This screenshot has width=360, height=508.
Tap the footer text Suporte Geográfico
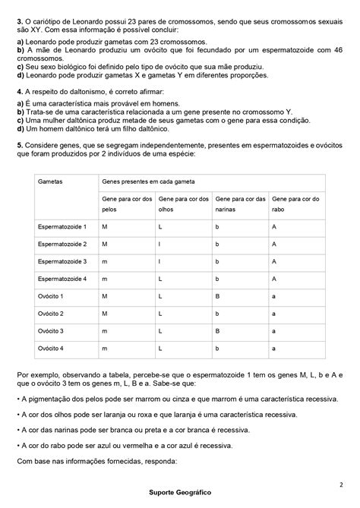(x=180, y=492)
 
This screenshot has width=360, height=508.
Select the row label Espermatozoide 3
(x=62, y=261)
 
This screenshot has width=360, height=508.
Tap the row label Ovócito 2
(x=51, y=314)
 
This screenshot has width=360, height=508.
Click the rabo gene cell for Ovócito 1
(x=273, y=296)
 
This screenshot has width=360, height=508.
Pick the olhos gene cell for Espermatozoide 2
(x=159, y=244)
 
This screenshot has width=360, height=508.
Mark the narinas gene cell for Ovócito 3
(x=217, y=331)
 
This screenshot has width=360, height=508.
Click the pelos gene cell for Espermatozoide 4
(x=105, y=279)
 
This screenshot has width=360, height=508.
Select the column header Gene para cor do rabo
(x=295, y=204)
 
